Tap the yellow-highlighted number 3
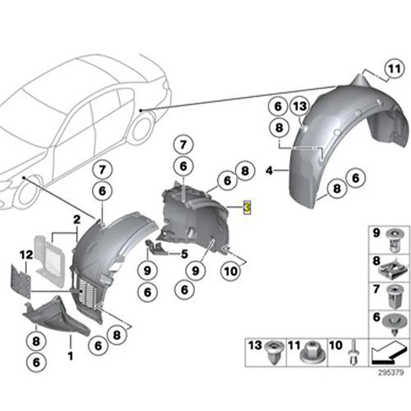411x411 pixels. point(247,208)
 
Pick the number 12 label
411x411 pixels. point(26,254)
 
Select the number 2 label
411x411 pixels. point(76,220)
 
